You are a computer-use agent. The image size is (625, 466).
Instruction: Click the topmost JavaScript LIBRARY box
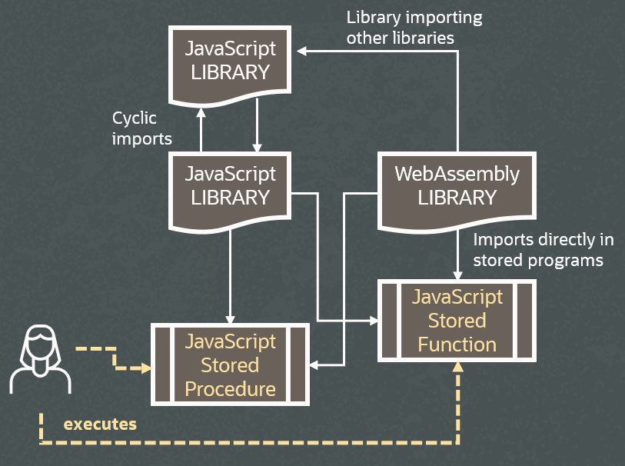[230, 62]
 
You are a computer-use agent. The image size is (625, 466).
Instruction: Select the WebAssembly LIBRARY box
[457, 186]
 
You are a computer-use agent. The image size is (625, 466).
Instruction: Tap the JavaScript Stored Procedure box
[230, 365]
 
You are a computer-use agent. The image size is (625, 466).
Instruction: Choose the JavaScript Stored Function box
[457, 321]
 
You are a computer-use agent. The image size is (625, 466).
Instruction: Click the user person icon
[38, 358]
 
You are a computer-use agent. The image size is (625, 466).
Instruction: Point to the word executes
[100, 424]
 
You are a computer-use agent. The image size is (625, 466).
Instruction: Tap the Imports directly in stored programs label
[537, 250]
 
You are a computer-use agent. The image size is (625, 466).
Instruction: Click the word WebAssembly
[457, 174]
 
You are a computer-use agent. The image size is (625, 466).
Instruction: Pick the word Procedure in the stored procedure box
[230, 389]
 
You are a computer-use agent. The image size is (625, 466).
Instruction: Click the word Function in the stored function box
[457, 345]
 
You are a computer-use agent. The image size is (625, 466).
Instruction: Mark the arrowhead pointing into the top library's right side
[302, 51]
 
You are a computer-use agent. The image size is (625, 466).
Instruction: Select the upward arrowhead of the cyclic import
[201, 112]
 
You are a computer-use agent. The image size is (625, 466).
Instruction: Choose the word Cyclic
[135, 118]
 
